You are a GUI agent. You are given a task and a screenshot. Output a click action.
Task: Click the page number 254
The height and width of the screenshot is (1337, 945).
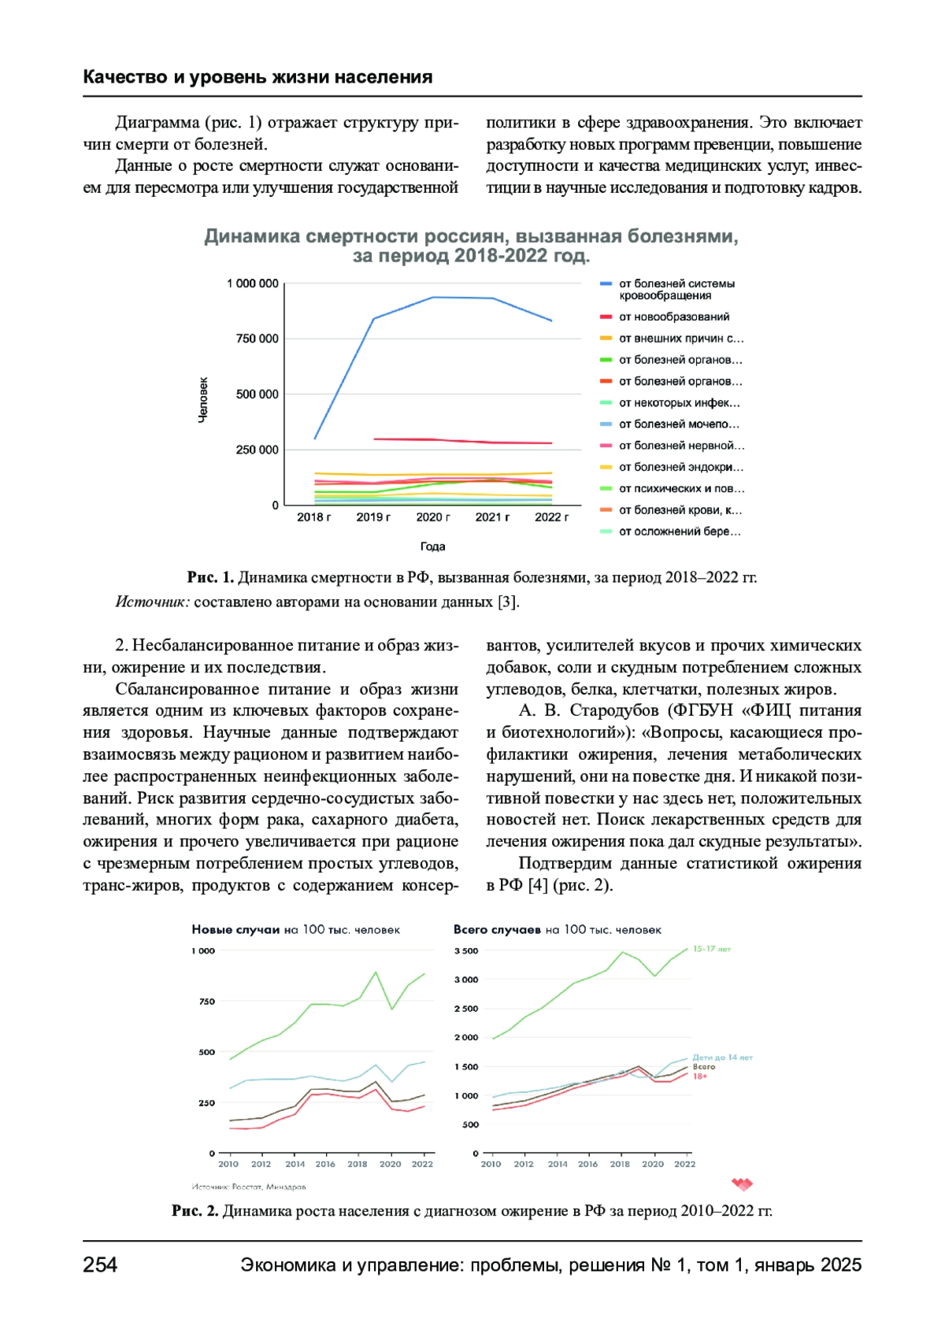click(100, 1265)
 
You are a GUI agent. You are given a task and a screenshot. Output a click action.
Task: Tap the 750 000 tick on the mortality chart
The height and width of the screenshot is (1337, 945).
click(257, 339)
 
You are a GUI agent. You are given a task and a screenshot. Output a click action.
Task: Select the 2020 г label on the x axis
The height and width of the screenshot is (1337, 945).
click(433, 517)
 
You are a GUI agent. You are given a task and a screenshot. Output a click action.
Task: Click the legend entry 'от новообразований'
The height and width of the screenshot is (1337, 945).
click(673, 317)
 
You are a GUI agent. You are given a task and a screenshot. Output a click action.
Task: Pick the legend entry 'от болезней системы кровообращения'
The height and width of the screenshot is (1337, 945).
click(676, 289)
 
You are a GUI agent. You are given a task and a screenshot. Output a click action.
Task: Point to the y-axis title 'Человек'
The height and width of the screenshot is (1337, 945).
click(203, 399)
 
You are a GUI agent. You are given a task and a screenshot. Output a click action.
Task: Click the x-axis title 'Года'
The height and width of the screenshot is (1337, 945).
click(432, 546)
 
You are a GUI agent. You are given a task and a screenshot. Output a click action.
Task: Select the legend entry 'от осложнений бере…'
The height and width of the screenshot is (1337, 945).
click(679, 531)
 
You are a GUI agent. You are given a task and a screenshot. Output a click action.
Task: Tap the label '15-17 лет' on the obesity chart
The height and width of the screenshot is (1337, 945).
click(712, 949)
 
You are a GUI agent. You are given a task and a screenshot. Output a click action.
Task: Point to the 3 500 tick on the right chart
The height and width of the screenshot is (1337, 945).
click(465, 951)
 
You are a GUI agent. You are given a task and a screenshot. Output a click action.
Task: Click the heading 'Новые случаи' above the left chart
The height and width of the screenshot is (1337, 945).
click(235, 930)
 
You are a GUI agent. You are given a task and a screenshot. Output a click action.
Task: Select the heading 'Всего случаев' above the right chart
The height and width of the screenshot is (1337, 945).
click(497, 930)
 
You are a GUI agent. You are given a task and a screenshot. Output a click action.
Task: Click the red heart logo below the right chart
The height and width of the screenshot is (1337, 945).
click(742, 1183)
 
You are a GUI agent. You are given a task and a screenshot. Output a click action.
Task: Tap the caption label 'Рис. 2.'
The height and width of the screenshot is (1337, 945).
click(195, 1211)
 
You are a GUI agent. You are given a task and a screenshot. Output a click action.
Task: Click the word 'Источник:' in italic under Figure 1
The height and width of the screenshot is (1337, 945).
click(152, 602)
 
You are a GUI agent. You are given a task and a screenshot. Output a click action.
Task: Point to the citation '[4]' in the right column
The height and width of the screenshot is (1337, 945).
click(537, 885)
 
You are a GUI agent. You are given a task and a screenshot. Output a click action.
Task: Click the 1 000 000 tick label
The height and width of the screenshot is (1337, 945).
click(252, 283)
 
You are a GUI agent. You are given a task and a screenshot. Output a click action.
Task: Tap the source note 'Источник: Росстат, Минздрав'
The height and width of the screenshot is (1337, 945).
click(249, 1187)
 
